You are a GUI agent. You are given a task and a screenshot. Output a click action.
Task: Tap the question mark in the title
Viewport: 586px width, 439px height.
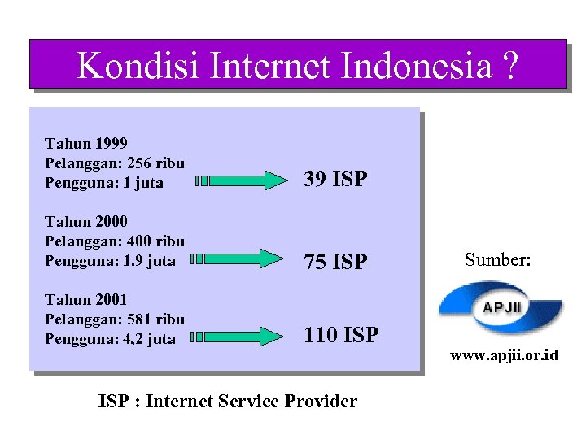coord(509,66)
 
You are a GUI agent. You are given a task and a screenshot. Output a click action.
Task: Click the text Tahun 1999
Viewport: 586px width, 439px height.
coord(85,144)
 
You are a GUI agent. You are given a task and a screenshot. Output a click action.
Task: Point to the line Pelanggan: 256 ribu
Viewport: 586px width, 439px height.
coord(114,163)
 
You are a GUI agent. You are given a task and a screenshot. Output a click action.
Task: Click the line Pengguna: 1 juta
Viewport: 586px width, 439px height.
coord(104,183)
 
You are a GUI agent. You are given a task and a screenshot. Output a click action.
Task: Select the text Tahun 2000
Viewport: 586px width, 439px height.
coord(85,221)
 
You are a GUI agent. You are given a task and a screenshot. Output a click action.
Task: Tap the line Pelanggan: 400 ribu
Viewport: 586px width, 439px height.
coord(114,241)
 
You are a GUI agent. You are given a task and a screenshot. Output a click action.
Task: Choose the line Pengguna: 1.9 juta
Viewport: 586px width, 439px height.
coord(110,261)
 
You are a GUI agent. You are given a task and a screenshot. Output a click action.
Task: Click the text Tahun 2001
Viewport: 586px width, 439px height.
coord(85,299)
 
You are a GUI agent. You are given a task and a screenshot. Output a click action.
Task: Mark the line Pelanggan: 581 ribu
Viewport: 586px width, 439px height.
coord(114,319)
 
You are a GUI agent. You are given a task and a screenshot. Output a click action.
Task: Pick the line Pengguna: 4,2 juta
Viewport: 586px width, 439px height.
coord(110,339)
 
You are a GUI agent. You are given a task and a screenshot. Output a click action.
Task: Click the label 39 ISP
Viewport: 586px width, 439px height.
coord(335,179)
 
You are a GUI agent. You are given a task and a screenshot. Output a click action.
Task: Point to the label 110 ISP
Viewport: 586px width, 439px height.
coord(341,334)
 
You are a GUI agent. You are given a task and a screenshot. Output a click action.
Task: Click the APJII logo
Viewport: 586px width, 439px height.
coord(500,308)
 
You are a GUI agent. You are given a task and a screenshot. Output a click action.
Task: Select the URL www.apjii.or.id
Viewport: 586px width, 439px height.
coord(505,356)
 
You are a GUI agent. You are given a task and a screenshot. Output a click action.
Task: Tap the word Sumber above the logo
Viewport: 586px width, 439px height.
coord(497,260)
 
